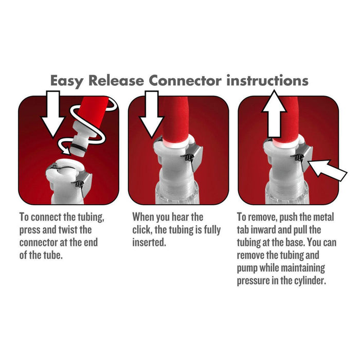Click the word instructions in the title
click(267, 81)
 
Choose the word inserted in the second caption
click(149, 242)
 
